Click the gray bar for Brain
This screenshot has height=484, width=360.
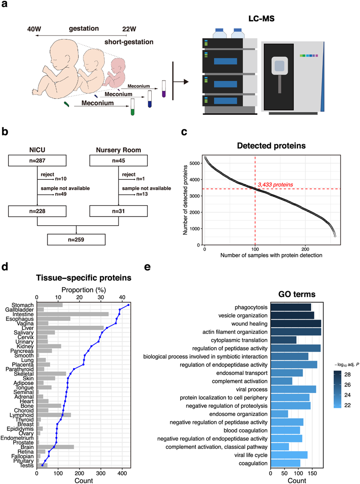click(56, 447)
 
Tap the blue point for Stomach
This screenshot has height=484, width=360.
click(128, 305)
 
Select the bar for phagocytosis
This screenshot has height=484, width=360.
click(291, 307)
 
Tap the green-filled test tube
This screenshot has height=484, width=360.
click(133, 107)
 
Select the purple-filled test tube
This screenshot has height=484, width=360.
click(164, 89)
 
